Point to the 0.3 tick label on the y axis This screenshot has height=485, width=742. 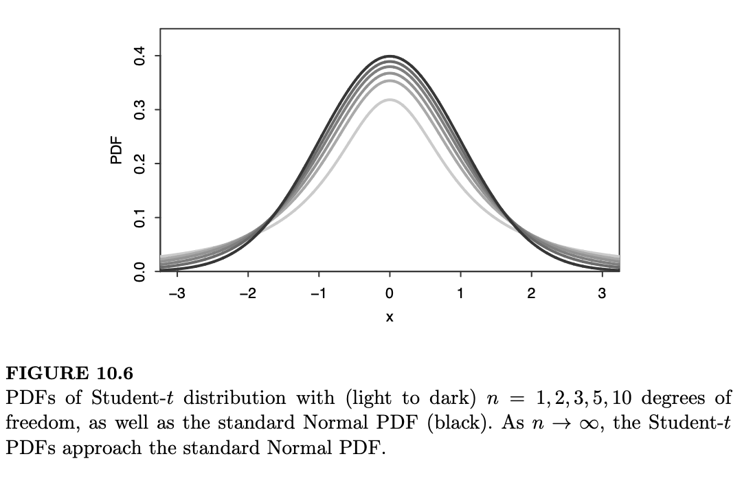click(140, 110)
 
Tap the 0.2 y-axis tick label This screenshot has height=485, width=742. click(140, 164)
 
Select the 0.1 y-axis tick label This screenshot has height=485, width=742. click(140, 218)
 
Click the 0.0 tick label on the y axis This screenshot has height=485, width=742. click(140, 272)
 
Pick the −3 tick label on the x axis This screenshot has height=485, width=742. click(177, 294)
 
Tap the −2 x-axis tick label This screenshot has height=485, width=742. click(248, 294)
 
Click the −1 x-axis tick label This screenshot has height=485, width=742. click(318, 294)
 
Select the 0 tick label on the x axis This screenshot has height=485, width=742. click(390, 294)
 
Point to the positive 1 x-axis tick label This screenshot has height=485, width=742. click(460, 294)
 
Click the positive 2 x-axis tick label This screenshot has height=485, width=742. click(531, 294)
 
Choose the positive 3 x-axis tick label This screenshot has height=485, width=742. click(602, 294)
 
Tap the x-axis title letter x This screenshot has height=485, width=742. click(390, 317)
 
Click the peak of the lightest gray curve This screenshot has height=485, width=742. click(390, 100)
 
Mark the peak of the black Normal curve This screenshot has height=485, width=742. click(390, 56)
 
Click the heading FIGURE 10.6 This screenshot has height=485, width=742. click(69, 373)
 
